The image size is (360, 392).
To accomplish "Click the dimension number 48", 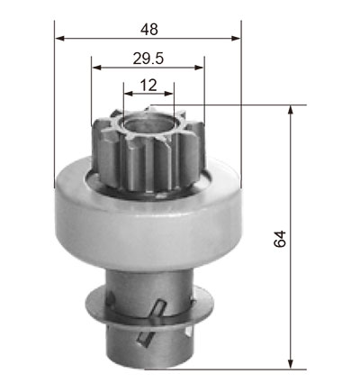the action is point(149,30).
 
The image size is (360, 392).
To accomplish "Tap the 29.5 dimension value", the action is point(148,59).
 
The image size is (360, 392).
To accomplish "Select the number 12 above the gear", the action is point(148,86).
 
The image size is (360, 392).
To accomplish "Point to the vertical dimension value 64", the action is point(280,239).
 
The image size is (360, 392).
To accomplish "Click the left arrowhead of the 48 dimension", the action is point(60,38).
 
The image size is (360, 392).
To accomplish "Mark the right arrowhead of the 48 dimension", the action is point(236,38).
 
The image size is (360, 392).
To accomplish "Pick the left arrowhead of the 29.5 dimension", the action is point(96,68).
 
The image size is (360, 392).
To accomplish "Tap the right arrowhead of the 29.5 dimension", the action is point(199,68).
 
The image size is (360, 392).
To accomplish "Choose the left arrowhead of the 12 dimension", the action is point(129,94).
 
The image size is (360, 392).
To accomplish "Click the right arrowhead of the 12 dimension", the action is point(168,94).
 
